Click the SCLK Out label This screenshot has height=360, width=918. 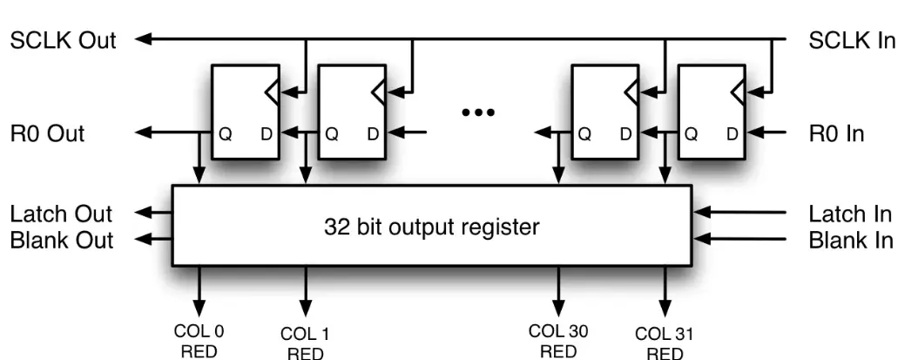[x=63, y=40]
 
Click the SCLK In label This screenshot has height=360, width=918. [x=852, y=40]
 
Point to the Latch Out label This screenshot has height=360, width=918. [x=61, y=214]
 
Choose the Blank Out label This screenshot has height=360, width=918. [x=61, y=240]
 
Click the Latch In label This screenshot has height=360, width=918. [x=851, y=214]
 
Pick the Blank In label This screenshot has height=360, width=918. [x=851, y=240]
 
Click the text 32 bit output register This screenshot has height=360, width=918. [x=432, y=228]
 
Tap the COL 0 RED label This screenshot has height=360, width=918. [x=199, y=341]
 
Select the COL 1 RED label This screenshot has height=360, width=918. [x=305, y=343]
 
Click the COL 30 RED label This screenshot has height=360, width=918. [x=557, y=341]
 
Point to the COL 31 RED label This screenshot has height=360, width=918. [x=665, y=343]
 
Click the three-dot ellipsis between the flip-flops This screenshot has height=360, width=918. [x=478, y=112]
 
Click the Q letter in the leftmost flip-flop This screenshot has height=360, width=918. [x=226, y=134]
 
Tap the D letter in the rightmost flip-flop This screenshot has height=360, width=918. [x=732, y=134]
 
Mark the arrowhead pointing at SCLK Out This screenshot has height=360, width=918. [x=144, y=39]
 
